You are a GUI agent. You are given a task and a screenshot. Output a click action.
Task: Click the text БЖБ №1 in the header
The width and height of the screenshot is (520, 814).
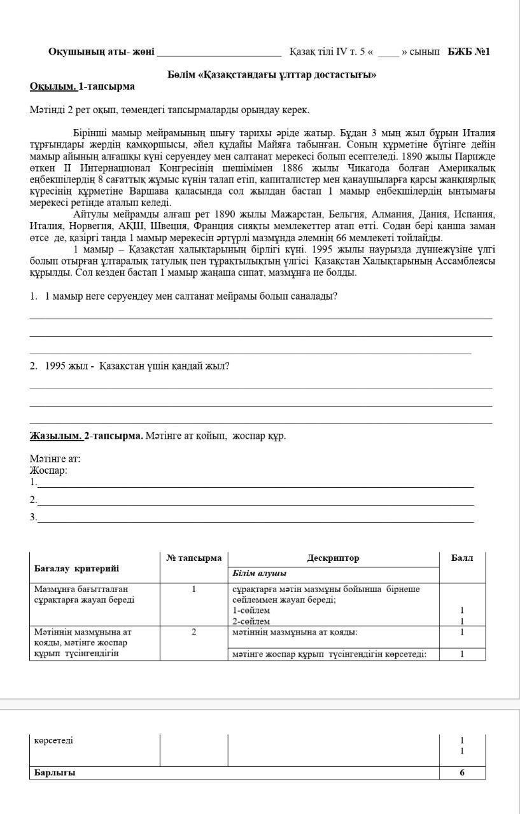click(468, 52)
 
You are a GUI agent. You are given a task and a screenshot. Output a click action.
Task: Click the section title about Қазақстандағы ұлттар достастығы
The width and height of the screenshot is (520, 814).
click(272, 74)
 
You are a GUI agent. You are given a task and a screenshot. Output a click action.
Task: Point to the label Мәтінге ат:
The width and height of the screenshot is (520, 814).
click(55, 459)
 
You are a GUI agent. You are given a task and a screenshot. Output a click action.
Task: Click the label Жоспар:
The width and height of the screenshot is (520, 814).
click(48, 471)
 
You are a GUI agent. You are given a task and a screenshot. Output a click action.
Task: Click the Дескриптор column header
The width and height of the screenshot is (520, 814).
click(333, 558)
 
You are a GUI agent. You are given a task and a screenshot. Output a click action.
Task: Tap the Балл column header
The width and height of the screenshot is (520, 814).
click(461, 558)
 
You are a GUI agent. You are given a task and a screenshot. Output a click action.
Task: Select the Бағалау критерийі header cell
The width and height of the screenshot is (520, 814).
click(76, 569)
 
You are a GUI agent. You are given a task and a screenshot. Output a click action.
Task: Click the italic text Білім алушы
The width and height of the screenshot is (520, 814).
click(259, 574)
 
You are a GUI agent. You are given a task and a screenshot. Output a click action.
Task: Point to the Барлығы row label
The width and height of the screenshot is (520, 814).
click(55, 773)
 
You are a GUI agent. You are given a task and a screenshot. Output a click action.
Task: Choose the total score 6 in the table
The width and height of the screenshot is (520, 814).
click(461, 773)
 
